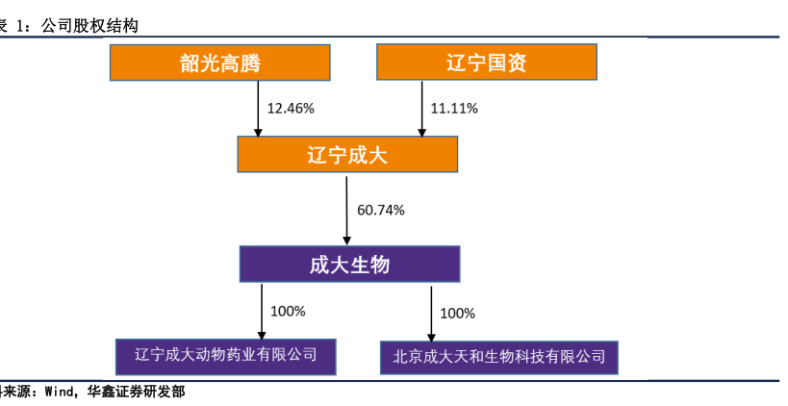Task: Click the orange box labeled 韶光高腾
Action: (220, 63)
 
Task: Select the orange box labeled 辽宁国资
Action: (487, 62)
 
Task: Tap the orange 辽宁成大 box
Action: (347, 154)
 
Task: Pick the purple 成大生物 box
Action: (350, 265)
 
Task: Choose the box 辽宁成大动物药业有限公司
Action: (226, 357)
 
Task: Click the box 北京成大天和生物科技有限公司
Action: (499, 358)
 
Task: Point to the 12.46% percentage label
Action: (291, 108)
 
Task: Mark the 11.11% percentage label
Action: (454, 108)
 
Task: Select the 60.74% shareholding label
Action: (381, 210)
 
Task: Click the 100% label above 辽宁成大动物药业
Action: (288, 312)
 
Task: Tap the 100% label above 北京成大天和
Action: (457, 314)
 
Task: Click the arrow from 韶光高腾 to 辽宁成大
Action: (258, 109)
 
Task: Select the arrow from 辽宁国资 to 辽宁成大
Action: (422, 109)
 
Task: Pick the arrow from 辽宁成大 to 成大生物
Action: (346, 211)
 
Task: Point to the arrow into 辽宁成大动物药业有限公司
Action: (262, 312)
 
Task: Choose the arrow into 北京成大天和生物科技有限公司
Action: (431, 314)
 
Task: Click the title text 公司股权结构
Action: (89, 26)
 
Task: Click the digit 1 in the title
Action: (20, 26)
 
